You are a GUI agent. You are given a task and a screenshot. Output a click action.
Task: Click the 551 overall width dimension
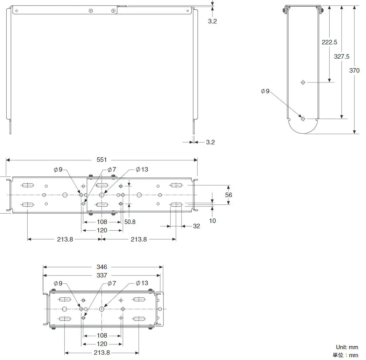point(101,160)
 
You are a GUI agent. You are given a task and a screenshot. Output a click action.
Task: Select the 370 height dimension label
point(354,71)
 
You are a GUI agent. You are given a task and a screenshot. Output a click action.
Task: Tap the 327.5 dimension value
point(342,56)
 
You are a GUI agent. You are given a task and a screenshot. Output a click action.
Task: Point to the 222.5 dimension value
point(329,42)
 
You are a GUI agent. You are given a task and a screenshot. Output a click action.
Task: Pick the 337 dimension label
point(102,275)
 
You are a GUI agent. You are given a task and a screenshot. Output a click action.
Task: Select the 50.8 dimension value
point(130,222)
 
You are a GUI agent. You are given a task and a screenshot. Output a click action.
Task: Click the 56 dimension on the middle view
point(228,195)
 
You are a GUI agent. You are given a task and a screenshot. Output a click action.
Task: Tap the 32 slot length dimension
point(196,226)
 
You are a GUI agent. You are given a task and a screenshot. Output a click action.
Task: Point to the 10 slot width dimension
point(212,221)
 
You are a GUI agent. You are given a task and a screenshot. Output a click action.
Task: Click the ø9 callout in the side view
point(266,91)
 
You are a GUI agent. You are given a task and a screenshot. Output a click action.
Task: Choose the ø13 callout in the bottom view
point(142,283)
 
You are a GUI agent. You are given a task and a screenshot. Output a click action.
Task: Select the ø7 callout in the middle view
point(112,170)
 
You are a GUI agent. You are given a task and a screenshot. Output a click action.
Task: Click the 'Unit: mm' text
point(347,347)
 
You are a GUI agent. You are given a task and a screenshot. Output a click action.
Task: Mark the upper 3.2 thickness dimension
point(212,21)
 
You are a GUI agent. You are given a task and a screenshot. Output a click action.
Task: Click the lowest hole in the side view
point(303,119)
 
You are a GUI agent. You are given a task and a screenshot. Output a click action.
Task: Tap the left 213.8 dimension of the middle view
point(65,239)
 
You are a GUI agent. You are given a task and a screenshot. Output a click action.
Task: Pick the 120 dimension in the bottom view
point(102,344)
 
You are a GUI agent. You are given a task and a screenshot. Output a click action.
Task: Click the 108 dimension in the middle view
point(102,222)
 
